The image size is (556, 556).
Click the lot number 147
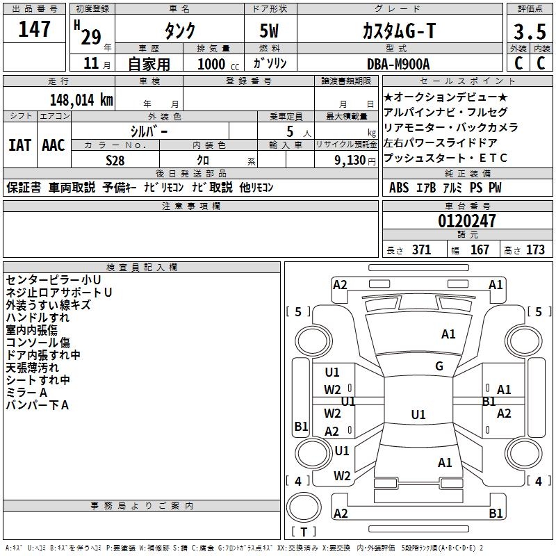pos(35,29)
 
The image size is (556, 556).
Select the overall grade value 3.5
pos(529,31)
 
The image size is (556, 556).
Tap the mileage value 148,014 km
pos(81,99)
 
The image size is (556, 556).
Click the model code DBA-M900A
pos(399,63)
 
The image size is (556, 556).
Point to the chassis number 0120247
pos(467,222)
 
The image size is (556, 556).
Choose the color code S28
pos(115,160)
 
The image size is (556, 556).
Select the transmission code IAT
pos(19,145)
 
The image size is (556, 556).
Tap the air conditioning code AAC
pos(53,145)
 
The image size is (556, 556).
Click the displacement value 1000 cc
pos(213,64)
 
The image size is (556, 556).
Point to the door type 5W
pos(270,32)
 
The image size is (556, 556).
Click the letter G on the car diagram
pos(439,366)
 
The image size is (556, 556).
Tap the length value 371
pos(421,250)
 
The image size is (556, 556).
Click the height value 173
pos(536,250)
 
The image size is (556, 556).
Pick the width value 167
pos(480,250)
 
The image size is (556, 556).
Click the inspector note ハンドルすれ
pos(38,318)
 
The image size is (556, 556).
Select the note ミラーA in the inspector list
pos(27,393)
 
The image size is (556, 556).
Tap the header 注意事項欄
pos(191,206)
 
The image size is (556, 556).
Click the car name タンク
pos(179,31)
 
